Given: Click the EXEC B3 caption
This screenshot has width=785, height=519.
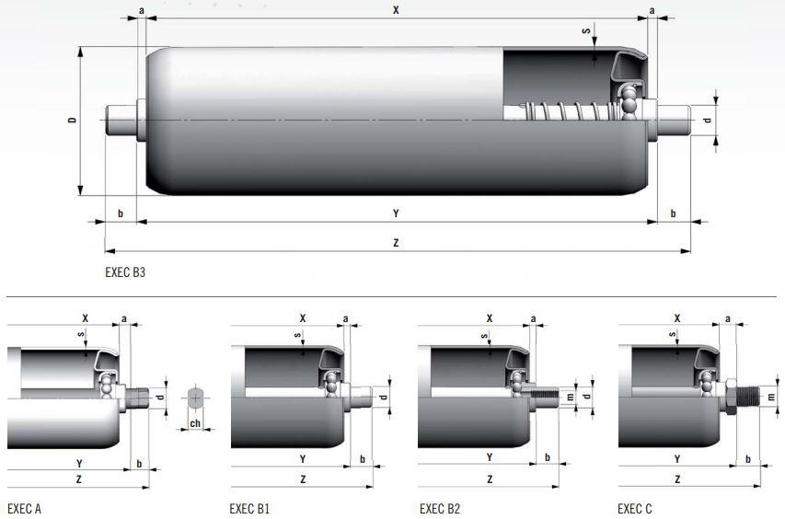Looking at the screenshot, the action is (x=125, y=272).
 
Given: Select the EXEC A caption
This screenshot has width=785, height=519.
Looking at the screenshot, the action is (x=25, y=509).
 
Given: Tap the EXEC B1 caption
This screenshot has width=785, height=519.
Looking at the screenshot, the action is (x=249, y=509).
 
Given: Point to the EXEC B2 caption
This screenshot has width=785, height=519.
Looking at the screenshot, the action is (x=440, y=509).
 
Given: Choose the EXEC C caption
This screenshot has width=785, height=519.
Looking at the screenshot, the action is (x=635, y=509).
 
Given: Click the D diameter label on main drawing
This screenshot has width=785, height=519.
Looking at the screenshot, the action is (x=73, y=121).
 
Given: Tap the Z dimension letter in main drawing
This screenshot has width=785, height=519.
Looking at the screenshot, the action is (x=396, y=243).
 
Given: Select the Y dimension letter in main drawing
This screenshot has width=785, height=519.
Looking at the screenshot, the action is (x=396, y=213).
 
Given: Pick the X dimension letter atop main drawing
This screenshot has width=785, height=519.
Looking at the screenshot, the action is (x=396, y=9).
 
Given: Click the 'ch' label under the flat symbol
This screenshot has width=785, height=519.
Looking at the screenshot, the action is (x=195, y=423).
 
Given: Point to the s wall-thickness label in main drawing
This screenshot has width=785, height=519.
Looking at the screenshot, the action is (x=586, y=31).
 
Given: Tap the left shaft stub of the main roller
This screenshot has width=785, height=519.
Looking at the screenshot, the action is (x=121, y=121).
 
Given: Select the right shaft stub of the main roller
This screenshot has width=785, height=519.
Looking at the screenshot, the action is (x=674, y=121).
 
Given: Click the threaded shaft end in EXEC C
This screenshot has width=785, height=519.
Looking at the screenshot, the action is (x=747, y=397).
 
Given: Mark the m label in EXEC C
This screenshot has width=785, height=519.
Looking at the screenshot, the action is (x=771, y=397).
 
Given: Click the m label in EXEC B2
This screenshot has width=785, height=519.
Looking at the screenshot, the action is (x=570, y=397).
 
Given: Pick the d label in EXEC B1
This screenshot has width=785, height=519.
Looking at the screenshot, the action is (x=384, y=397).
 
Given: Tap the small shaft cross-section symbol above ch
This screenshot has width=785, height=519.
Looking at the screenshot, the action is (x=195, y=398).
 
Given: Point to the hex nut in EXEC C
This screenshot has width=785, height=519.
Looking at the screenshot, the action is (x=730, y=397).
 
